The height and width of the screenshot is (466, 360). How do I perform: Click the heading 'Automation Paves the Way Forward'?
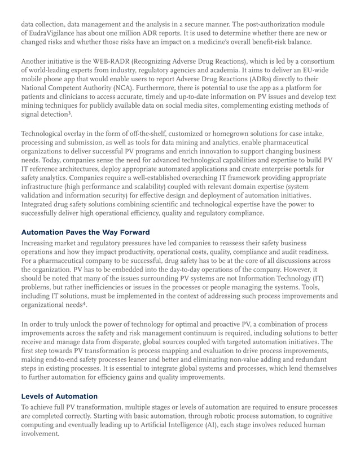[85, 232]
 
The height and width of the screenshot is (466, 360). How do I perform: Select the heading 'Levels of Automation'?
[59, 396]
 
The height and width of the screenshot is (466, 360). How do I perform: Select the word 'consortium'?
[319, 60]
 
